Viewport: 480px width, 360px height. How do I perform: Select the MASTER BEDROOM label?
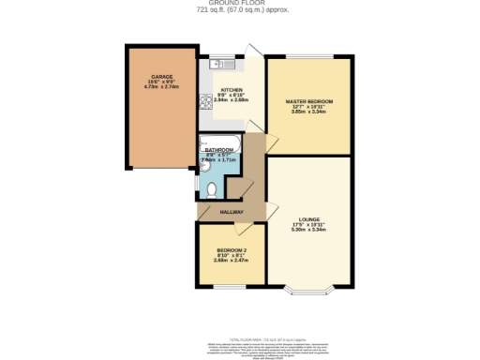pos(308,100)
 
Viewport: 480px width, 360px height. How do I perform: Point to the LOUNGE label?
pos(308,218)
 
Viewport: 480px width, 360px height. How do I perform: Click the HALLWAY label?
pos(231,212)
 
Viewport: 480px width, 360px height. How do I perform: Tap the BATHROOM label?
pos(219,149)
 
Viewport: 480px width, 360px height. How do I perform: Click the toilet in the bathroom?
pos(213,189)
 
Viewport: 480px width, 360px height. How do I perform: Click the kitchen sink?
pos(220,64)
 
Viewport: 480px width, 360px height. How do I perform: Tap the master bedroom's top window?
pos(308,58)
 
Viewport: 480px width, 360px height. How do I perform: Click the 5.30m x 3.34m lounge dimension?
pos(308,230)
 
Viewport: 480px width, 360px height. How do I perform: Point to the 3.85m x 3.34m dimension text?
pos(308,112)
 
